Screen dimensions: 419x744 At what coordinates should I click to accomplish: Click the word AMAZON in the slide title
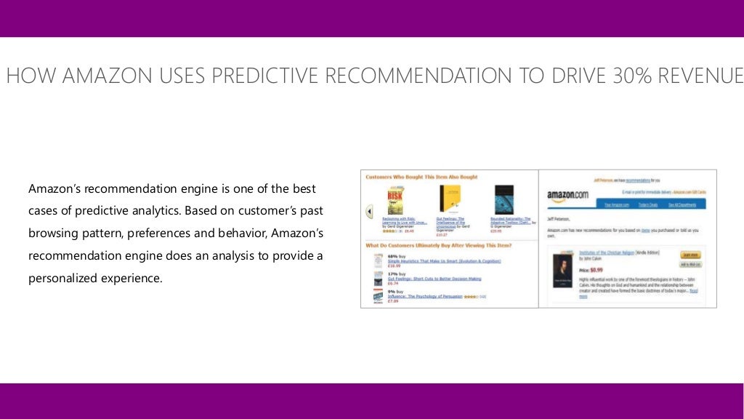(x=107, y=76)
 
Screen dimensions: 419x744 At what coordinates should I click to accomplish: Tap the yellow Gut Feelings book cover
(x=450, y=199)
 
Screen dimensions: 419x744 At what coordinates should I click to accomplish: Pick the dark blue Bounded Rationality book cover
(x=504, y=199)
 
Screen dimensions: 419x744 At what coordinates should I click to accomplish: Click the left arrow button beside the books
(x=369, y=212)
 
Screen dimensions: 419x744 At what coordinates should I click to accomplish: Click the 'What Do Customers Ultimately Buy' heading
(x=438, y=246)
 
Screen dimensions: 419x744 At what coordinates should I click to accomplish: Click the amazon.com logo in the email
(x=567, y=194)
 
